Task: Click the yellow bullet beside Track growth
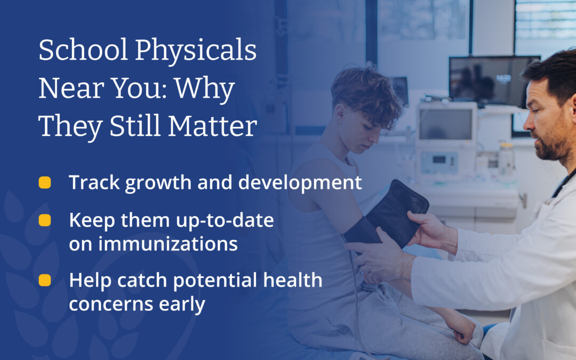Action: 45,183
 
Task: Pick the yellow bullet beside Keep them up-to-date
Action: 45,220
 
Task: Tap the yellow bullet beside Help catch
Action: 45,280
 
